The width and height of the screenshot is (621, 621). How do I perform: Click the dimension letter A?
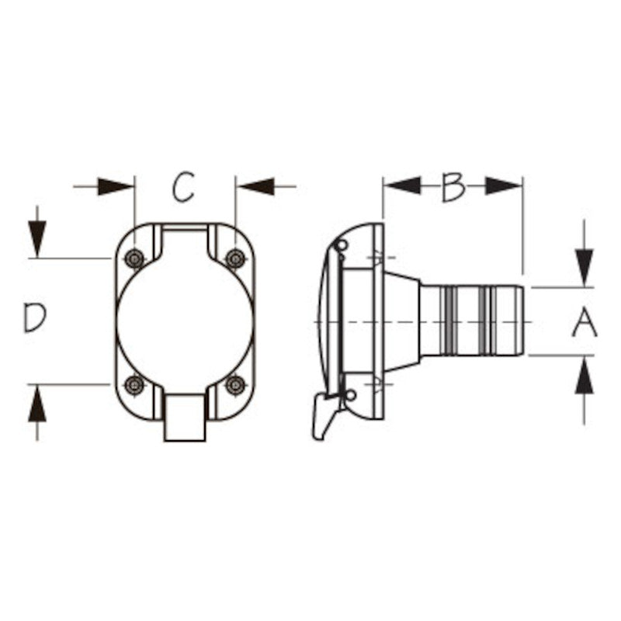(x=585, y=323)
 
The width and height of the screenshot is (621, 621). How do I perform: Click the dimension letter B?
(x=453, y=187)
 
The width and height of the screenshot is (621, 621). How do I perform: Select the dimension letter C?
(x=183, y=188)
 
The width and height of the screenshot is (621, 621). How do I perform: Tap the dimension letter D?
(x=34, y=318)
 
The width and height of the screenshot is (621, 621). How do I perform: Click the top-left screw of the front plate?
(x=134, y=258)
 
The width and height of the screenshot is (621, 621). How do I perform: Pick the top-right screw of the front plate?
(x=234, y=258)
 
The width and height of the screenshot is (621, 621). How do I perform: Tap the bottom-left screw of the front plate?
(x=134, y=384)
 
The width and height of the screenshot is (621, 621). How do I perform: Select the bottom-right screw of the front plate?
(x=234, y=384)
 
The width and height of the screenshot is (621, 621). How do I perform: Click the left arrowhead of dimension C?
(x=116, y=187)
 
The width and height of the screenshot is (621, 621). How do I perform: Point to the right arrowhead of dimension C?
(x=255, y=187)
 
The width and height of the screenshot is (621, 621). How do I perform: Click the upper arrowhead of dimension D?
(x=36, y=238)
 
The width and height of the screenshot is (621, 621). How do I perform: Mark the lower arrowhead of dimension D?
(x=36, y=404)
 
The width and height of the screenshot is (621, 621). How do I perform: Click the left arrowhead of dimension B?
(x=401, y=186)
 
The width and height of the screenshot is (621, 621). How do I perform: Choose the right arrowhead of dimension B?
(x=504, y=186)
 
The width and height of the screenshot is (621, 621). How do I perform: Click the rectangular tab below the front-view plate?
(x=185, y=418)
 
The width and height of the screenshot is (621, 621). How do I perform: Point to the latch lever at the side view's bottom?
(x=322, y=415)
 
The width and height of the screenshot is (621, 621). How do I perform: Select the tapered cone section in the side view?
(x=401, y=321)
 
